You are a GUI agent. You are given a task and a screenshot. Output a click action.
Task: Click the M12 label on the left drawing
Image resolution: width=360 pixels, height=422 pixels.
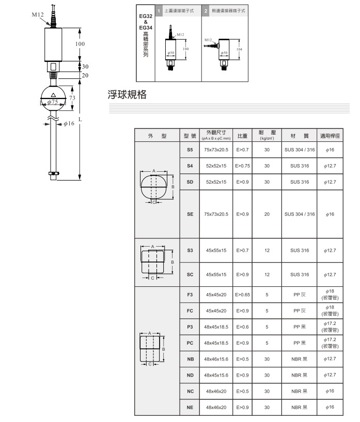38,14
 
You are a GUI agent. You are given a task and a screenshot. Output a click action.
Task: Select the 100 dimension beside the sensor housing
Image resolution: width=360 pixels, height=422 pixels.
80,44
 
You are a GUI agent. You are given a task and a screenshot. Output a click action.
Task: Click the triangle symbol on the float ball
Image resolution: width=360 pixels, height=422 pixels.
53,95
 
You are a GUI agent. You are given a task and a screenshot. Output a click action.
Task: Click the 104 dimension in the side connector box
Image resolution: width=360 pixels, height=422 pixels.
239,48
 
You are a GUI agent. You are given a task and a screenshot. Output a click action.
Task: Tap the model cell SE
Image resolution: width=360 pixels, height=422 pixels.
190,214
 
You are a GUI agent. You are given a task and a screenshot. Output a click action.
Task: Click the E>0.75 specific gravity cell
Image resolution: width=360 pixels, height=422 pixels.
242,166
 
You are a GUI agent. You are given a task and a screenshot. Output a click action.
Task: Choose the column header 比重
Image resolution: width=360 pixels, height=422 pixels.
242,135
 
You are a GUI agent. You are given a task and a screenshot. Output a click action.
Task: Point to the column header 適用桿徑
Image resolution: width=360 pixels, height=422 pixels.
330,135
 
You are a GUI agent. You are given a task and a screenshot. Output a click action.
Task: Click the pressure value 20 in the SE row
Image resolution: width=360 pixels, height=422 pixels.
267,214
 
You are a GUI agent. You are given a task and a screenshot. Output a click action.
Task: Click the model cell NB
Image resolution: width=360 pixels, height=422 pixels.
190,359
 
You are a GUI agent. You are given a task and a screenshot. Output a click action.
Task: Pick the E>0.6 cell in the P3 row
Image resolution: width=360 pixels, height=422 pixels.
242,327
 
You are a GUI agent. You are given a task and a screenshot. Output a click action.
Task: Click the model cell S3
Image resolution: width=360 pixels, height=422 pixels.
190,250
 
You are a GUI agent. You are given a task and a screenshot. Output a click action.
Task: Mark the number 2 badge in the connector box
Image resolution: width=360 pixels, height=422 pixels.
206,11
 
